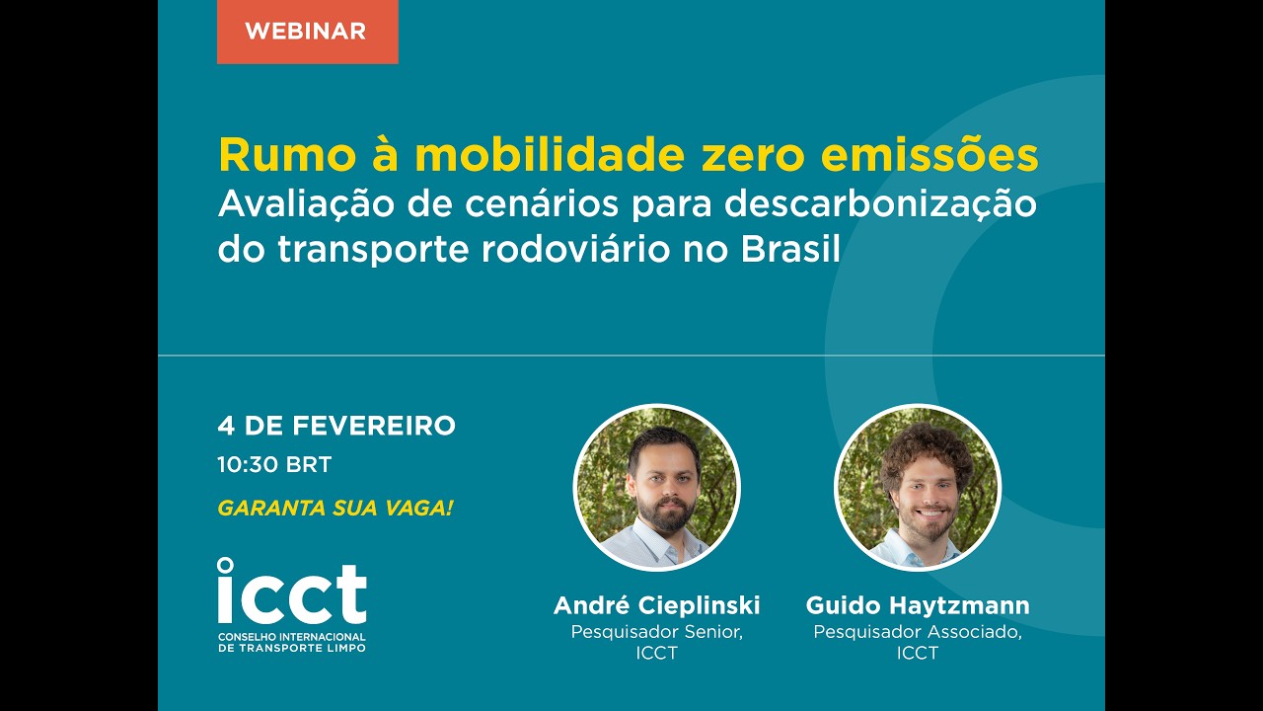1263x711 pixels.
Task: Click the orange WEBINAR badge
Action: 307,31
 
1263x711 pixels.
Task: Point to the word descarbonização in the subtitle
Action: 880,204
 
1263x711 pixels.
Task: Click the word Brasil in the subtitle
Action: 790,249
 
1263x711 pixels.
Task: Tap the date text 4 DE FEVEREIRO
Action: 336,426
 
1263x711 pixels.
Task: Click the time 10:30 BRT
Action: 274,464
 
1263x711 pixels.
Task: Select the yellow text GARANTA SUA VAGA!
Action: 335,509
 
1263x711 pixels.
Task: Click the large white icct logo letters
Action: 292,592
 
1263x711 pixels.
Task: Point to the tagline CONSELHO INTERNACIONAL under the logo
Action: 292,637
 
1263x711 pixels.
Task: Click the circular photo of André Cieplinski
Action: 656,487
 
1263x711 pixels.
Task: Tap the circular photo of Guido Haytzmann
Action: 918,487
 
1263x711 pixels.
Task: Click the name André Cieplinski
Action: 656,605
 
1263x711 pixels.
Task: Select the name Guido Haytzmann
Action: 918,605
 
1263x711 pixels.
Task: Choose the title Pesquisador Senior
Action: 656,632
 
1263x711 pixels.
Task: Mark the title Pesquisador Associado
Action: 918,632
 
